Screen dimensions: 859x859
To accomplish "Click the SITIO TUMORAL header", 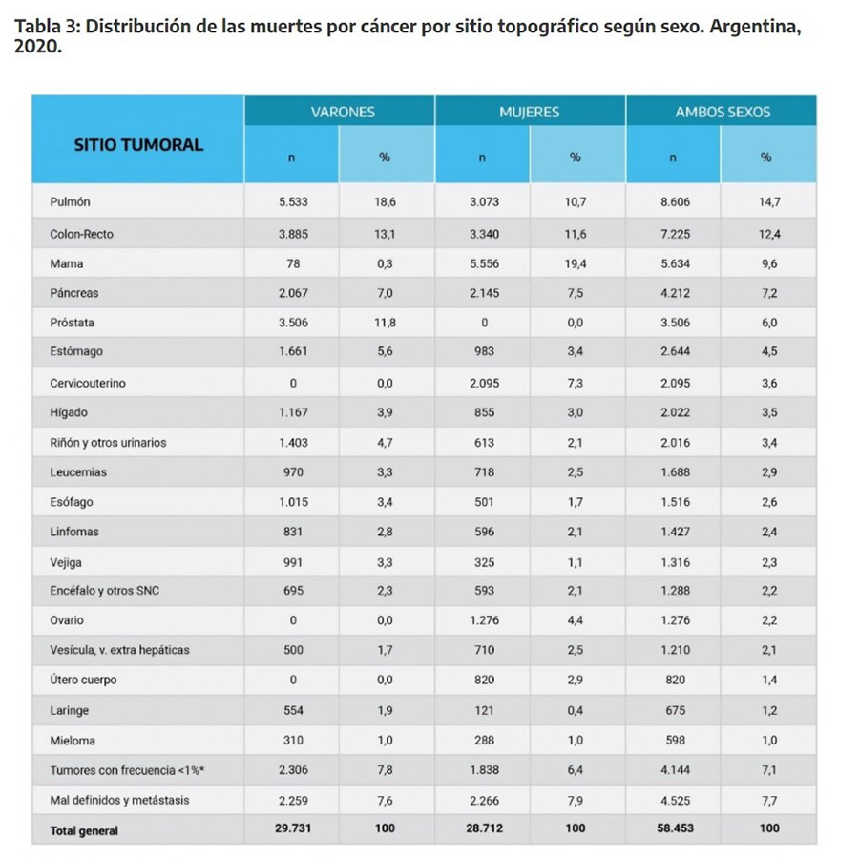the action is pos(138,145).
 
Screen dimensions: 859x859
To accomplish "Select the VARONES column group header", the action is pos(343,113).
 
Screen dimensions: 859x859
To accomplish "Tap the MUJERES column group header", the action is pos(529,113).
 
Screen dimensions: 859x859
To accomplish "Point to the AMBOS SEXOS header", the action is pos(723,113).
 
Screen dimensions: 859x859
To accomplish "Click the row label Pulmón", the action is pos(70,201).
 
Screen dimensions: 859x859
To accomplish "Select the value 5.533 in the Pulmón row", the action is pos(293,201).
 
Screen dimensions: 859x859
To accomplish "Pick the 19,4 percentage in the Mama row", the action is pos(576,264).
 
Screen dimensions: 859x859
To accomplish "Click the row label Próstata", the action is pos(72,323).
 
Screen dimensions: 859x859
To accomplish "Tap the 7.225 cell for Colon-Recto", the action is pos(675,234).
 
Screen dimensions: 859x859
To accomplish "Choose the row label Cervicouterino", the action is pos(88,383).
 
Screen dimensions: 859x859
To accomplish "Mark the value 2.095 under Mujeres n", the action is pos(484,383).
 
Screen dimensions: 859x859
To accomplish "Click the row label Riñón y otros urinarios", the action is pos(108,443).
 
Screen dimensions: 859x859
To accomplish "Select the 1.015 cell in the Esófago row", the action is pos(293,502).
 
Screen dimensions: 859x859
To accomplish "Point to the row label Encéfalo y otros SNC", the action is pos(105,591).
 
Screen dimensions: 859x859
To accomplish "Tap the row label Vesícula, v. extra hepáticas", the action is pos(119,650).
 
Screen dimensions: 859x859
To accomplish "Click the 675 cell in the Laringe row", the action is pos(675,710).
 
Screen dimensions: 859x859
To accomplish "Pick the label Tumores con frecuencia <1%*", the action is pos(127,770).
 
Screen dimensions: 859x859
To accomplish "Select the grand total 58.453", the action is pos(675,828).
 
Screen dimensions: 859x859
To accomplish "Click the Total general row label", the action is pos(84,830).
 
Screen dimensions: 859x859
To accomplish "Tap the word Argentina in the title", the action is pos(756,27).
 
